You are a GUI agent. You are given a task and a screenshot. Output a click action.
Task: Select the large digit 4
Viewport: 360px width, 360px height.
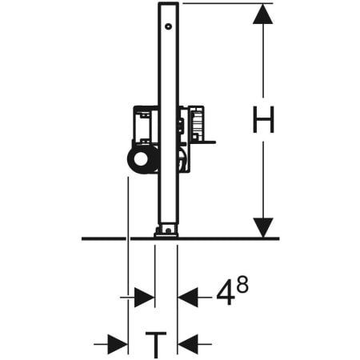pyautogui.click(x=226, y=295)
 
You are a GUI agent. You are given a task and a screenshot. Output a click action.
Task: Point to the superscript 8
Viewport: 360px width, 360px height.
pyautogui.click(x=244, y=285)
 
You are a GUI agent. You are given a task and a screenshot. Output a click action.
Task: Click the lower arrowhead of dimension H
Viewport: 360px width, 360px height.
pyautogui.click(x=263, y=226)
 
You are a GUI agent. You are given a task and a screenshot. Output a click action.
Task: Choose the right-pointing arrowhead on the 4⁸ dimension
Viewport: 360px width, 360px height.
pyautogui.click(x=144, y=298)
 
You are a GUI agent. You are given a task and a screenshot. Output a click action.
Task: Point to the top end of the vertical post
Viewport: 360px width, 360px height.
pyautogui.click(x=167, y=5)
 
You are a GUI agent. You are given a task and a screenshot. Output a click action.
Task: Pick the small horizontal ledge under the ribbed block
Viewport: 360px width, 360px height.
pyautogui.click(x=206, y=143)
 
